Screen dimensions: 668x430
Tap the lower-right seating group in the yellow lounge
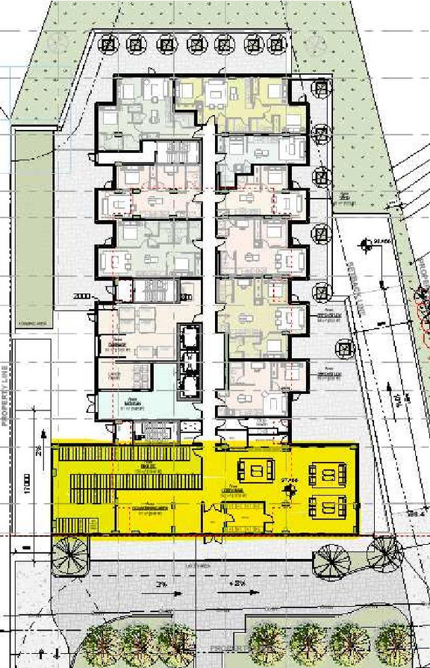click(327, 509)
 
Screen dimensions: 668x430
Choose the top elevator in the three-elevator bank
click(190, 337)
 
